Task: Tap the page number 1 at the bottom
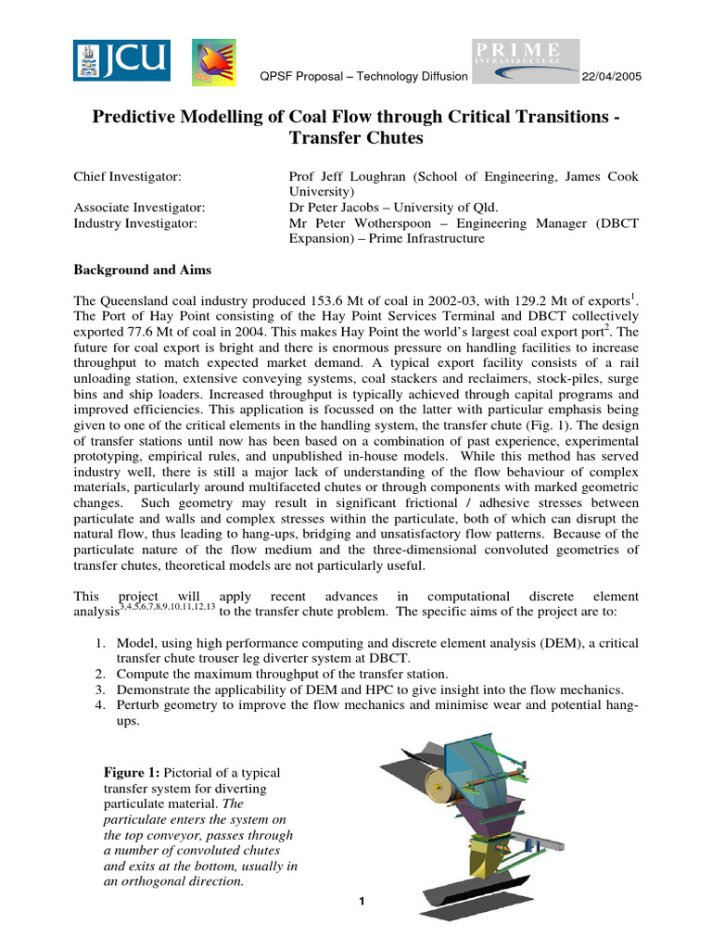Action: [x=362, y=902]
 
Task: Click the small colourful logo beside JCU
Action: [x=213, y=63]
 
